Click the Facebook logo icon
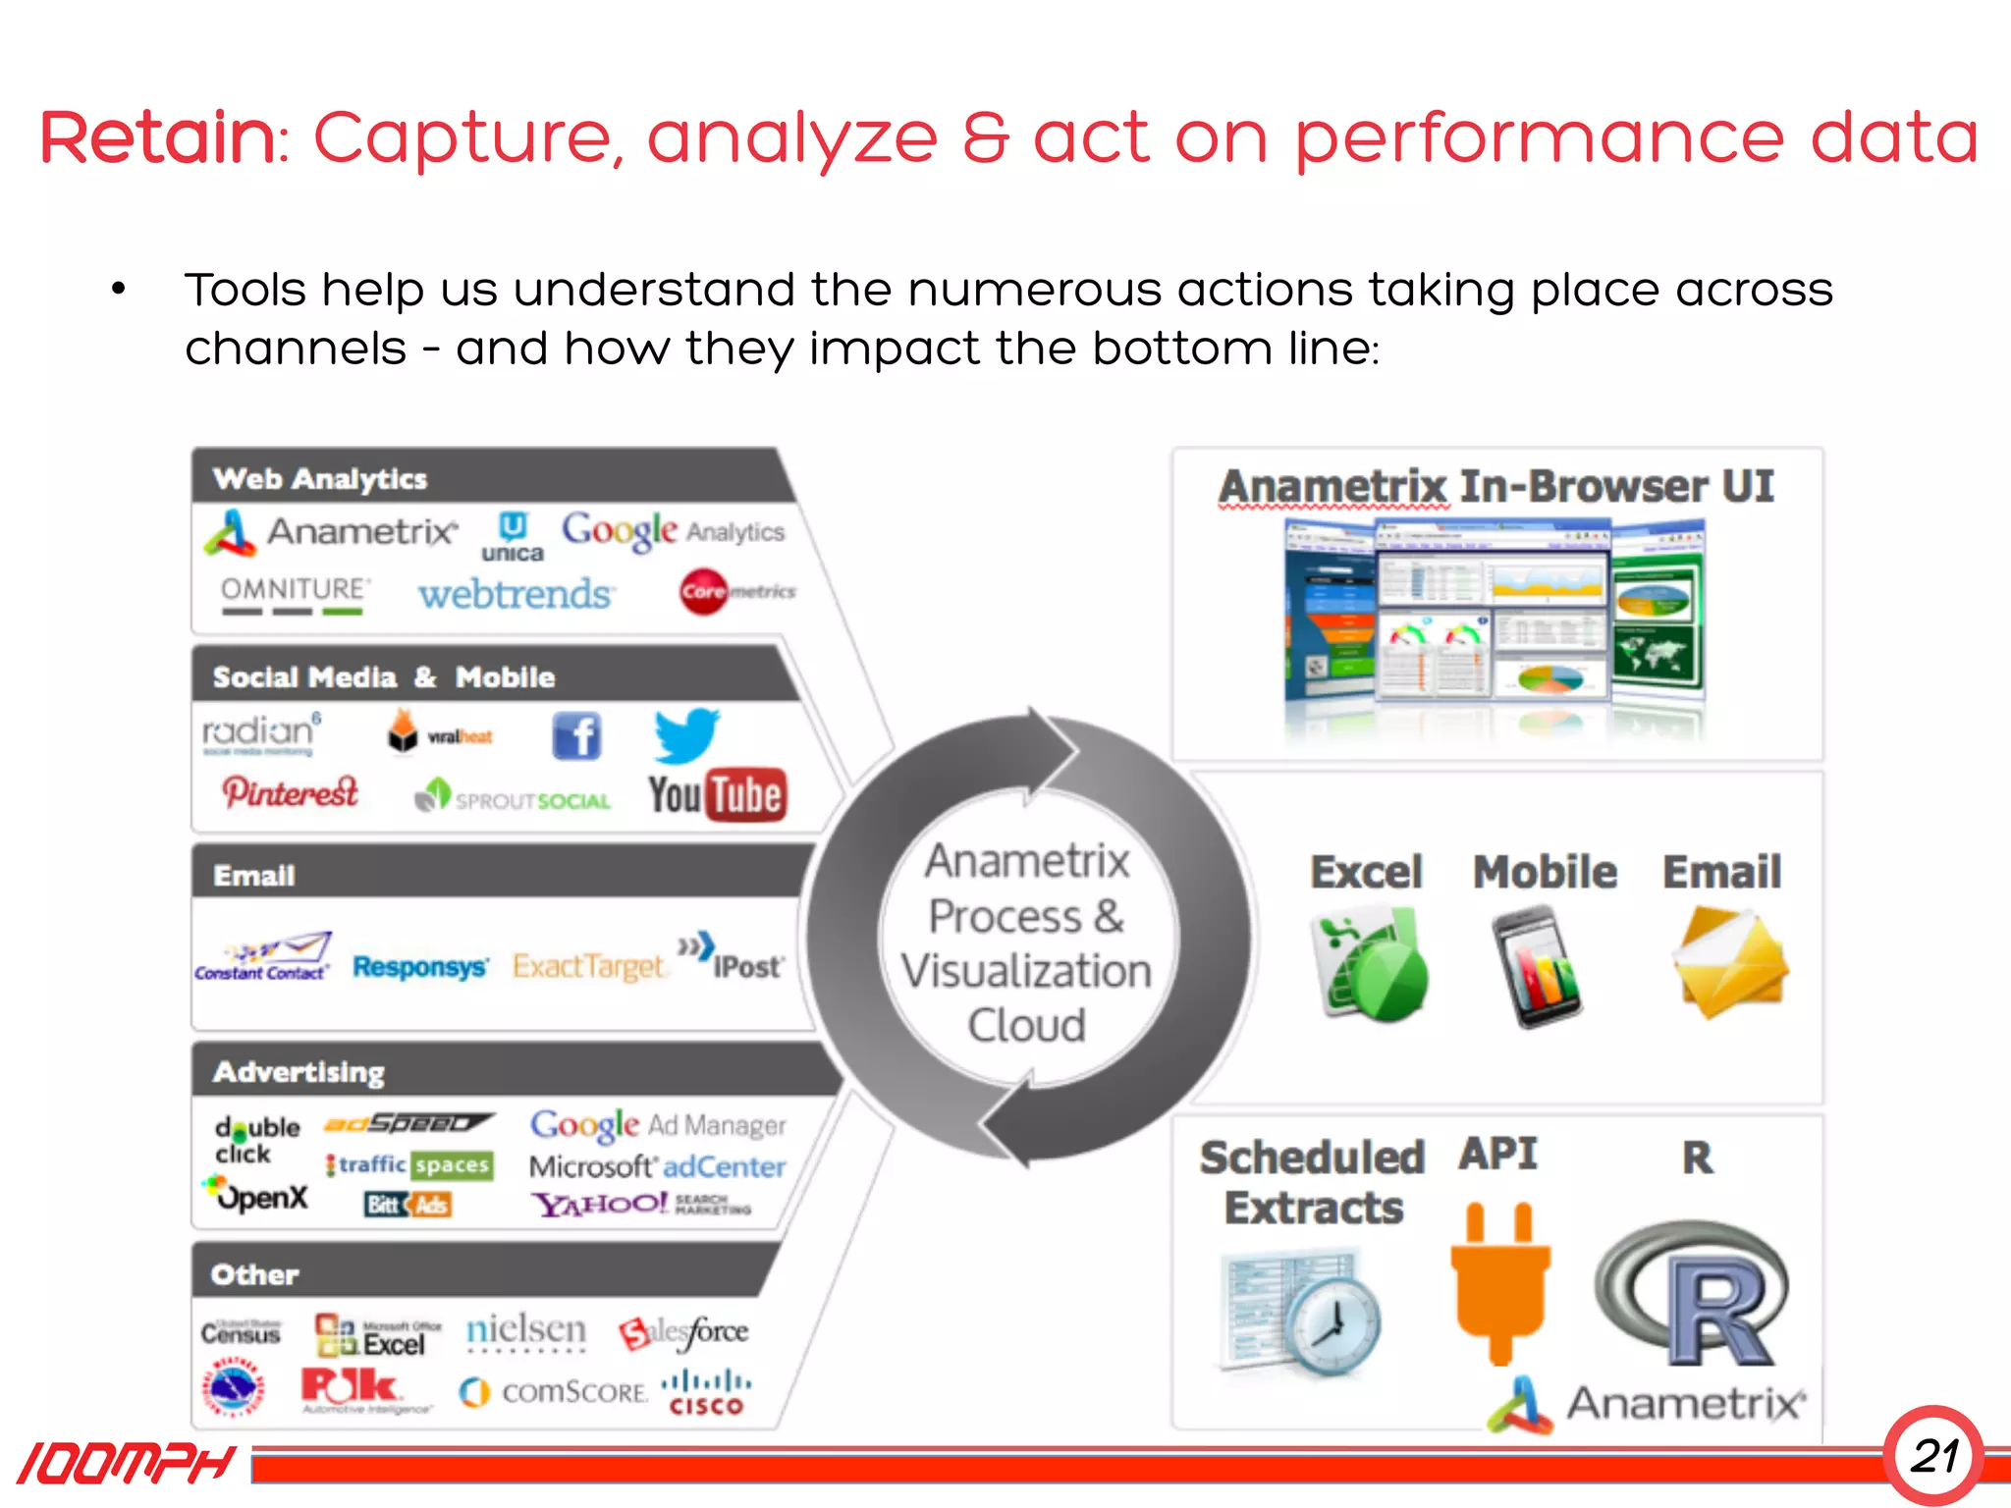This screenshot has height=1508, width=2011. pyautogui.click(x=576, y=736)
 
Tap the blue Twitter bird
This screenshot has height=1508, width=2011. pyautogui.click(x=686, y=735)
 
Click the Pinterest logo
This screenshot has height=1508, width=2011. pyautogui.click(x=291, y=792)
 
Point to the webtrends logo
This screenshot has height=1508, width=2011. pyautogui.click(x=516, y=594)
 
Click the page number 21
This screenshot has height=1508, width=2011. pyautogui.click(x=1933, y=1456)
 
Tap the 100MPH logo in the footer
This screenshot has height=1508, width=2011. pyautogui.click(x=126, y=1464)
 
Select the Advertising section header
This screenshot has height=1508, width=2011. pyautogui.click(x=299, y=1072)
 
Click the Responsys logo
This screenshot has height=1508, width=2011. pyautogui.click(x=420, y=967)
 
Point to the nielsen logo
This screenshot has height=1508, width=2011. pyautogui.click(x=526, y=1330)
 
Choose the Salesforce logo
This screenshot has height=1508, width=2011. pyautogui.click(x=684, y=1332)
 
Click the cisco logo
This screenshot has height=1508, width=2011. pyautogui.click(x=706, y=1392)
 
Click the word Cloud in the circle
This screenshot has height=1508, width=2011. pyautogui.click(x=1027, y=1025)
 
